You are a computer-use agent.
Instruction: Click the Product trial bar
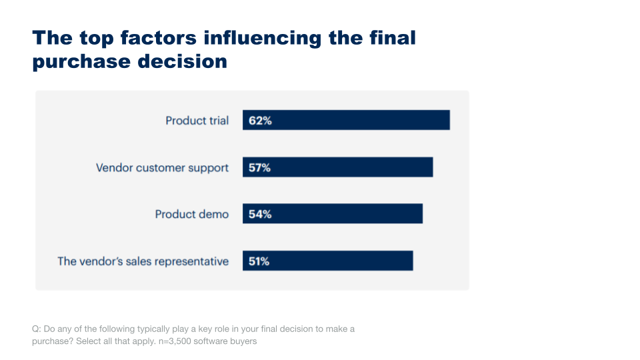[346, 121]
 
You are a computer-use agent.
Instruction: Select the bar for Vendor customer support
[337, 167]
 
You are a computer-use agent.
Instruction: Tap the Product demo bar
[333, 214]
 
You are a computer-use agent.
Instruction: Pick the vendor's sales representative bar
[327, 261]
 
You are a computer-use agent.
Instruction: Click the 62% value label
[260, 121]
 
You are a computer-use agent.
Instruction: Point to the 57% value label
[260, 167]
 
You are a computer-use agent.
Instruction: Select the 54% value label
[260, 214]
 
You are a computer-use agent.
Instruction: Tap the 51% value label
[259, 261]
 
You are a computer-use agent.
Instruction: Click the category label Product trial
[197, 121]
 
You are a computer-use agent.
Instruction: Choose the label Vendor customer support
[162, 167]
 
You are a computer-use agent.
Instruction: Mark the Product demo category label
[191, 214]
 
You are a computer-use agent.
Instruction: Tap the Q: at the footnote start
[36, 329]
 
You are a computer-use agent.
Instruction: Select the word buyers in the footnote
[242, 341]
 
